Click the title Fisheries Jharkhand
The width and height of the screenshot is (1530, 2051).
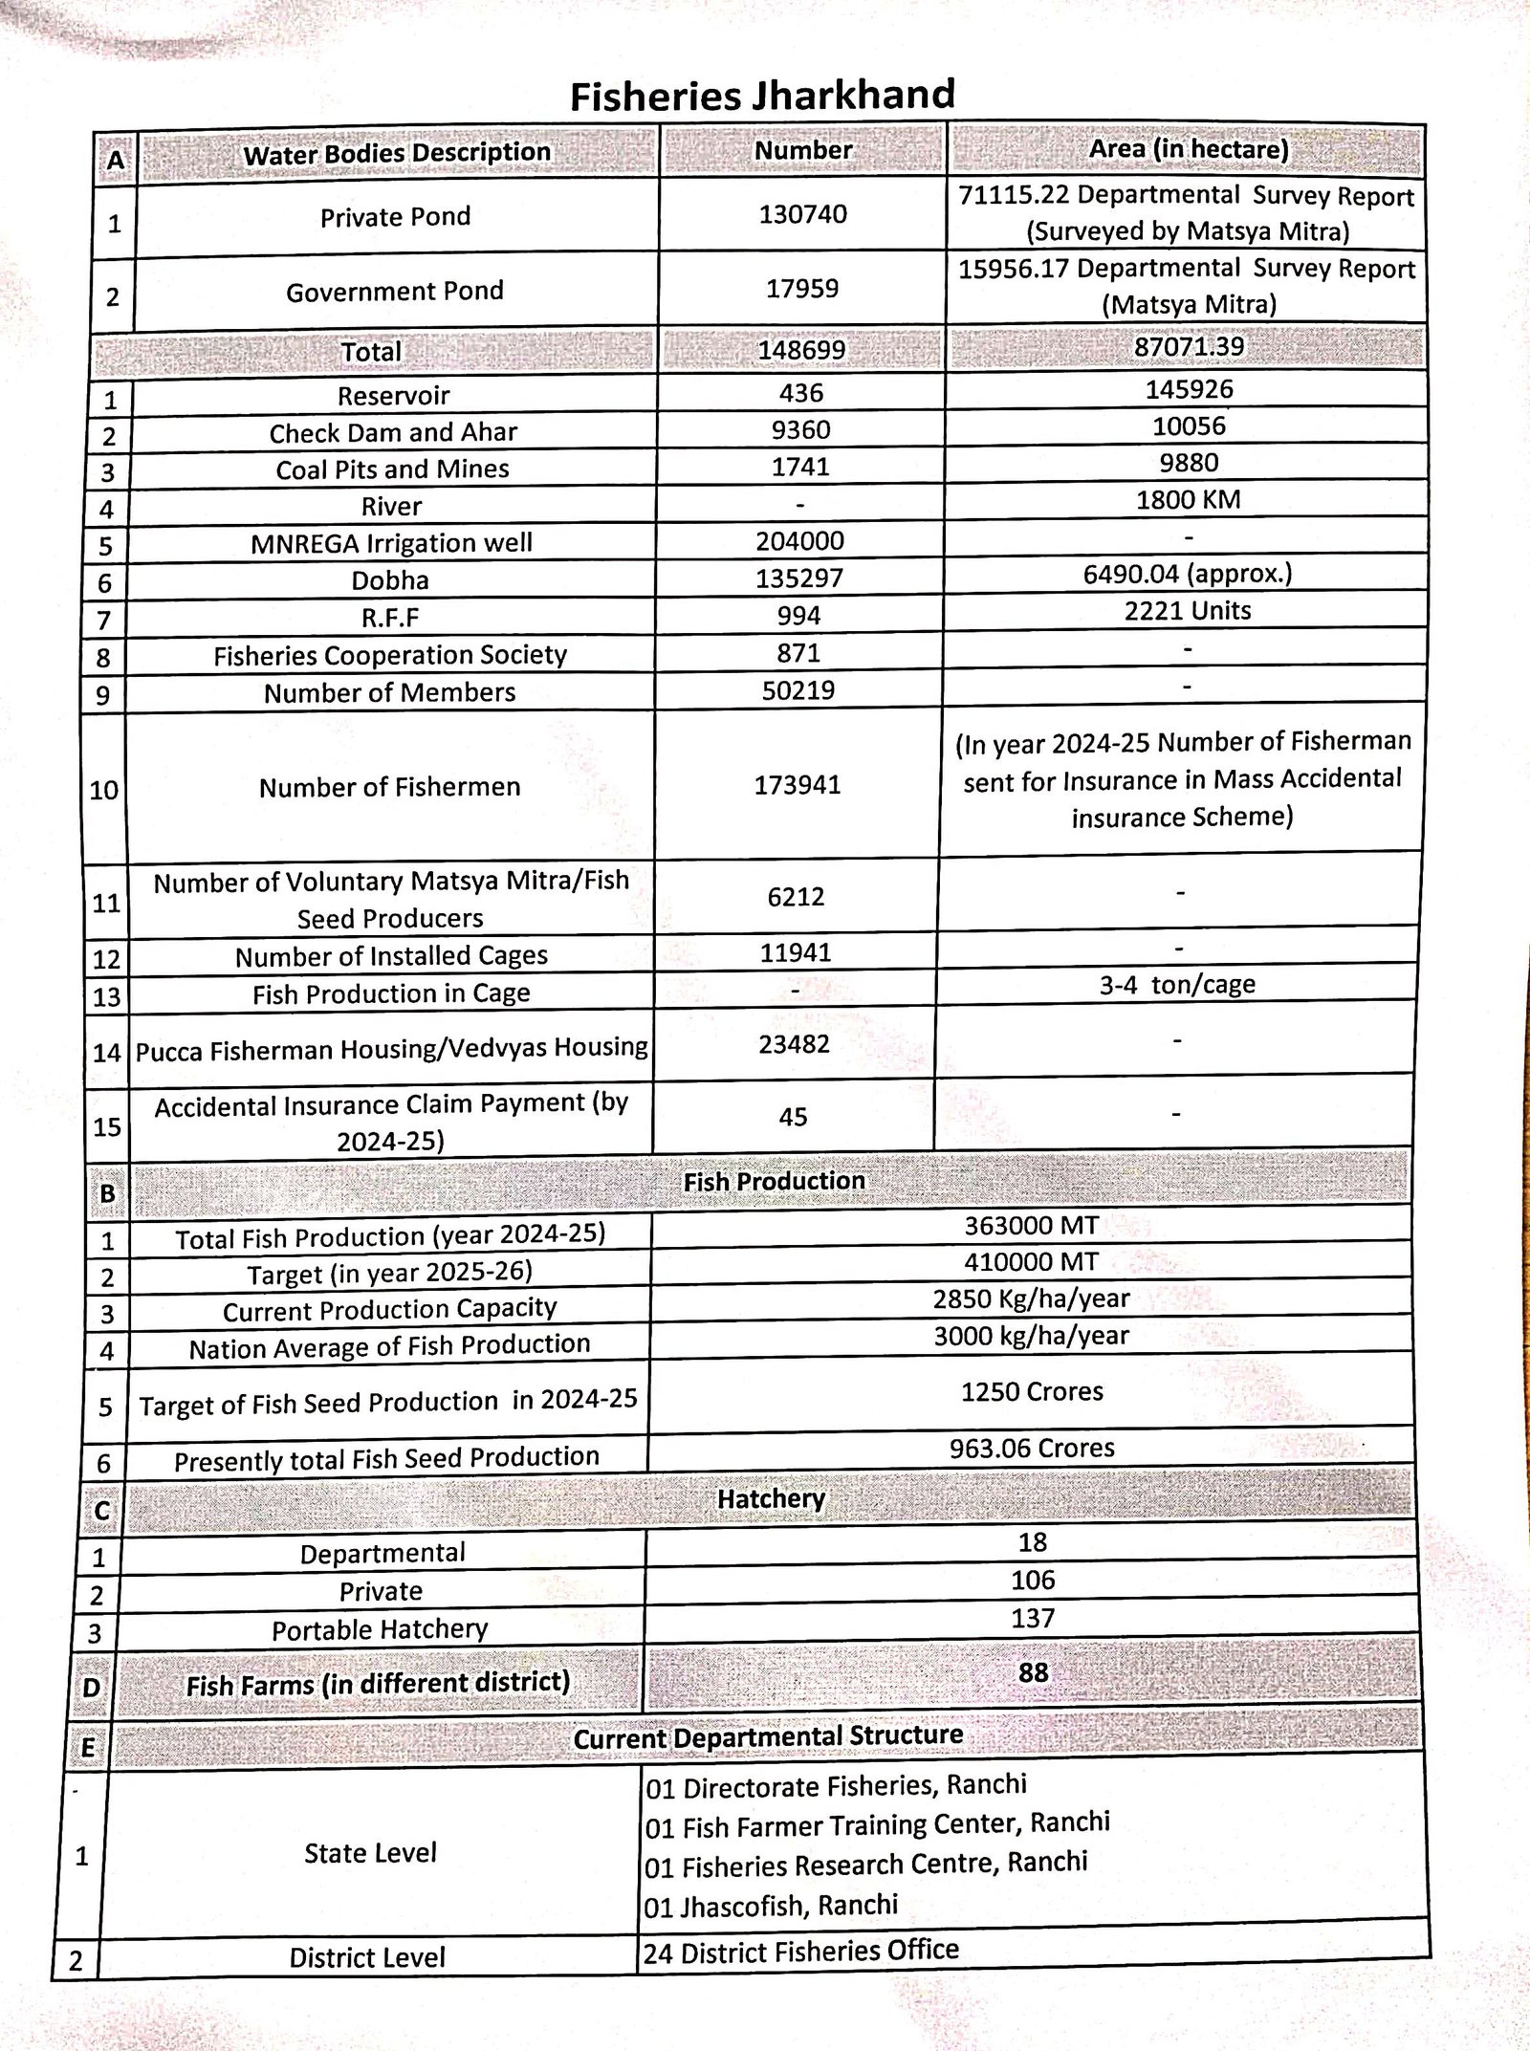point(762,96)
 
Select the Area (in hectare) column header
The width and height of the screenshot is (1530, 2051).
point(1189,149)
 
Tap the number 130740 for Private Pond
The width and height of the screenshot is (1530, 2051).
point(802,214)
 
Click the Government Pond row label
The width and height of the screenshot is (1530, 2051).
point(394,291)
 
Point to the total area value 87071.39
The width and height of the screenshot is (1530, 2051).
point(1189,346)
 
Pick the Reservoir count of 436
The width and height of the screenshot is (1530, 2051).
point(800,393)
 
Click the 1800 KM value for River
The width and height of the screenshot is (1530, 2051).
point(1188,499)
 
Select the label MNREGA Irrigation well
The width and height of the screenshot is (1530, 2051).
point(391,543)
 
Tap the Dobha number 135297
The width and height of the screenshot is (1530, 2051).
point(799,578)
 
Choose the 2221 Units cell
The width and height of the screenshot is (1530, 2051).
point(1187,611)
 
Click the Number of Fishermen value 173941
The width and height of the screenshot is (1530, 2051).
point(798,785)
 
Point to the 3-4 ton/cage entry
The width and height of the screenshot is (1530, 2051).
point(1177,985)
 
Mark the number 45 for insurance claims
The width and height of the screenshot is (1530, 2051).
point(793,1117)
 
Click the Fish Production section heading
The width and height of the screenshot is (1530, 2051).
point(774,1182)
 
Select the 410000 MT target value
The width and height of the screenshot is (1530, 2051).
point(1031,1262)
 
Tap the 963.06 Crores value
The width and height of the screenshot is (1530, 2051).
point(1032,1448)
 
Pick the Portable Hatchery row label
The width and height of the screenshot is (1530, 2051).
point(380,1629)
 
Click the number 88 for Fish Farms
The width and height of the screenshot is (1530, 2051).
point(1033,1672)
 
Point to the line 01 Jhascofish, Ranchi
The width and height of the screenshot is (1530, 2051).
point(771,1907)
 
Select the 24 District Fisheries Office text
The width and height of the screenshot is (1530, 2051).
point(800,1952)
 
